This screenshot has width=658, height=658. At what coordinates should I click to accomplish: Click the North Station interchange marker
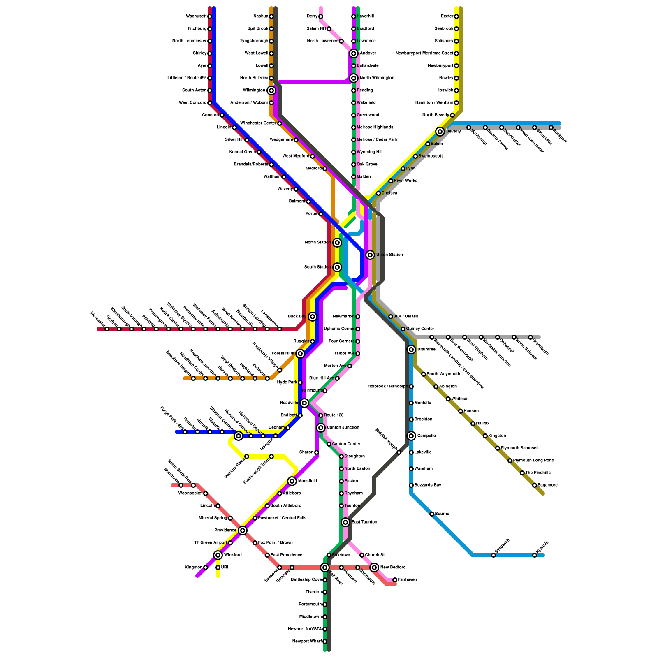(337, 243)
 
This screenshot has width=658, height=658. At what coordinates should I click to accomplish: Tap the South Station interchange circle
(337, 267)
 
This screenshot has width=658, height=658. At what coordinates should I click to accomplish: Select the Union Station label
(389, 255)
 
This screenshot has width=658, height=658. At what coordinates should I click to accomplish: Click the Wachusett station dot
(210, 16)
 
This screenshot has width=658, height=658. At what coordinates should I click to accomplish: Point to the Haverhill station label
(365, 16)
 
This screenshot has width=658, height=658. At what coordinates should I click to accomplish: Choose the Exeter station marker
(456, 16)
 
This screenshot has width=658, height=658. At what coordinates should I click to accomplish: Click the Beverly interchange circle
(440, 132)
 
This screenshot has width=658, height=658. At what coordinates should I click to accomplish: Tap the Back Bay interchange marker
(313, 317)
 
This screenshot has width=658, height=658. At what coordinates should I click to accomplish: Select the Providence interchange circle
(243, 531)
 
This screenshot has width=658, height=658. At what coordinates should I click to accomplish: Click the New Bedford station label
(393, 568)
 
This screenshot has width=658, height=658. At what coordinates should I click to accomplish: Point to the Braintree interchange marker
(411, 350)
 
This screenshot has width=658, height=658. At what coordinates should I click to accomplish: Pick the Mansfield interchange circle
(292, 481)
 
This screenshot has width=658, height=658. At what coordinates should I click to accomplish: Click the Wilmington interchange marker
(271, 90)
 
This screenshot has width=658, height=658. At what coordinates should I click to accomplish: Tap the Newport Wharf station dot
(325, 642)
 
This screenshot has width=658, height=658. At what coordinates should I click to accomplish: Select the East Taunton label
(364, 522)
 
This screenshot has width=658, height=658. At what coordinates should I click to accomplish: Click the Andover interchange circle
(354, 53)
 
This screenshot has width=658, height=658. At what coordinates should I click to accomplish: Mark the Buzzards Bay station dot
(411, 485)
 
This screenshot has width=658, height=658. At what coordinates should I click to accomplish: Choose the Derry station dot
(321, 16)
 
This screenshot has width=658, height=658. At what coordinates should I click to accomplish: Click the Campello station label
(426, 436)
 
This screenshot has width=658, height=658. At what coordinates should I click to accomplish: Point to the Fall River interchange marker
(325, 568)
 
